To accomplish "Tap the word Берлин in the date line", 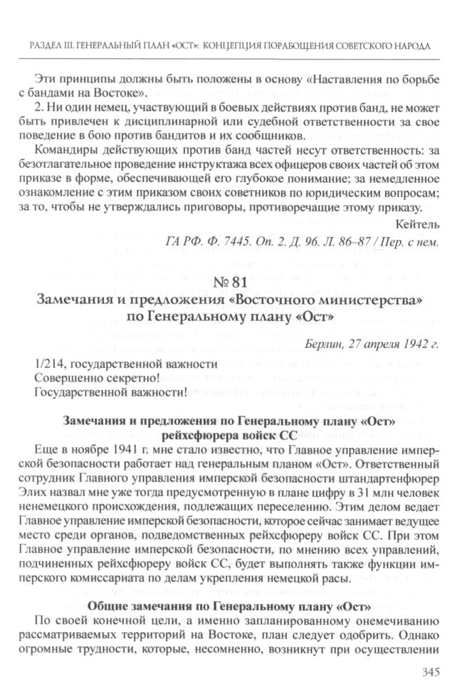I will tap(322, 345).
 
